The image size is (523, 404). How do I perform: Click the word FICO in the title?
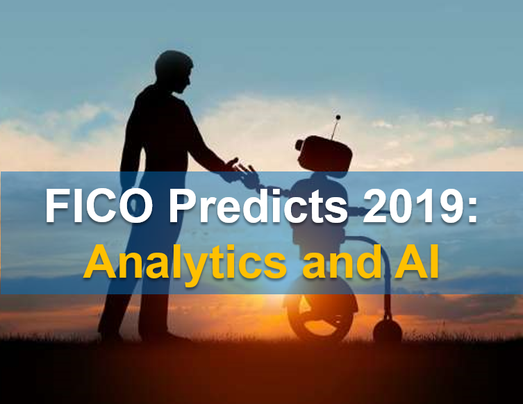pos(99,205)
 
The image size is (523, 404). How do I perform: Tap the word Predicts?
pos(259,205)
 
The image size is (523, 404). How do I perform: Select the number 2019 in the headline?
pos(412,205)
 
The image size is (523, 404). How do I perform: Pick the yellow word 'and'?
pos(342,262)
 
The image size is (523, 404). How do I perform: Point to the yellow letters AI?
pos(416,262)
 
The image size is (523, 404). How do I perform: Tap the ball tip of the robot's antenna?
pos(338,117)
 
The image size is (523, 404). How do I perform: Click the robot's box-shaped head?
pos(324,153)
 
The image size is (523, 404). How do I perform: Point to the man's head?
pos(174,71)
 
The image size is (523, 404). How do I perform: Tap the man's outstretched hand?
pos(234,165)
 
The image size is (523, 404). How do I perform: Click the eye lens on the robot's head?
pos(299,144)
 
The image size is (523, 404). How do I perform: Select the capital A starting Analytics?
pos(100,261)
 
